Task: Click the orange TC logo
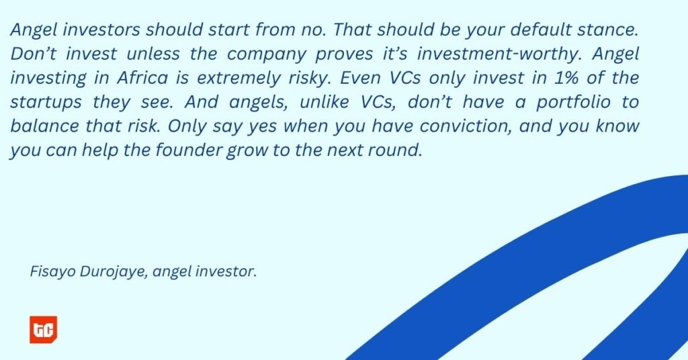tap(44, 329)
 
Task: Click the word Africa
tap(142, 78)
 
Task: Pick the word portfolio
tap(573, 102)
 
